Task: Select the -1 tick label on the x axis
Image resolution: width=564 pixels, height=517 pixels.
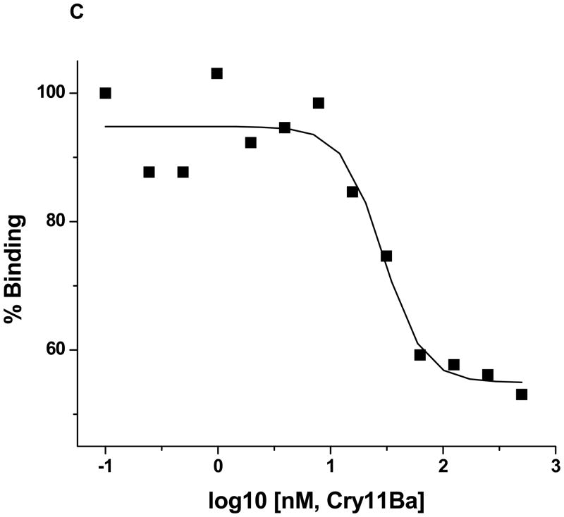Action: tap(104, 466)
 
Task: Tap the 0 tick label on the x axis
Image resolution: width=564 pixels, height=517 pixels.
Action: tap(218, 466)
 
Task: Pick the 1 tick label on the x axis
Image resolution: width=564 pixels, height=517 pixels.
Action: tap(331, 466)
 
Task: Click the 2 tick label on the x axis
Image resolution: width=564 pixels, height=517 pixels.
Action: tap(443, 466)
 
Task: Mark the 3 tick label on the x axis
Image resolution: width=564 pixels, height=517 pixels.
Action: tap(556, 466)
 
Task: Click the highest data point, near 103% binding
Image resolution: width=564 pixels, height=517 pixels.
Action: tap(217, 73)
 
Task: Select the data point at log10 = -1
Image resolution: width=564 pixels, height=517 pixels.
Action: tap(106, 93)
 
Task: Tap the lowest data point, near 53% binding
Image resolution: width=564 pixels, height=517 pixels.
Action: tap(522, 394)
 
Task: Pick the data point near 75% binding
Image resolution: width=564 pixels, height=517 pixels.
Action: tap(386, 256)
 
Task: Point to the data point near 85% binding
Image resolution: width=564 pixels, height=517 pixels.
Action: tap(352, 192)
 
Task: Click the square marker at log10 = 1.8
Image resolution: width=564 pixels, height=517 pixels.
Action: tap(420, 354)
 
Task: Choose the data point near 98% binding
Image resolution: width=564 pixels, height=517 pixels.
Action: tap(319, 103)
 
